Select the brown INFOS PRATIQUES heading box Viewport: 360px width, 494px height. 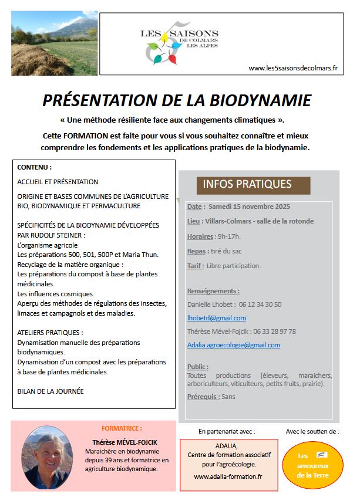(253, 184)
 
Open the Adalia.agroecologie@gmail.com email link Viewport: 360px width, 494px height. (234, 345)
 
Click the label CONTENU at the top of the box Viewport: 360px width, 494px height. (35, 167)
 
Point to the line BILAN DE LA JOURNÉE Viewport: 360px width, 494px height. (51, 391)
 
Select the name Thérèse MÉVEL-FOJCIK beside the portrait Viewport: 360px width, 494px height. (125, 442)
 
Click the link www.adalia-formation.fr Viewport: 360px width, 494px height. (228, 477)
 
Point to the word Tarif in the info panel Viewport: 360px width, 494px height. (196, 266)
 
